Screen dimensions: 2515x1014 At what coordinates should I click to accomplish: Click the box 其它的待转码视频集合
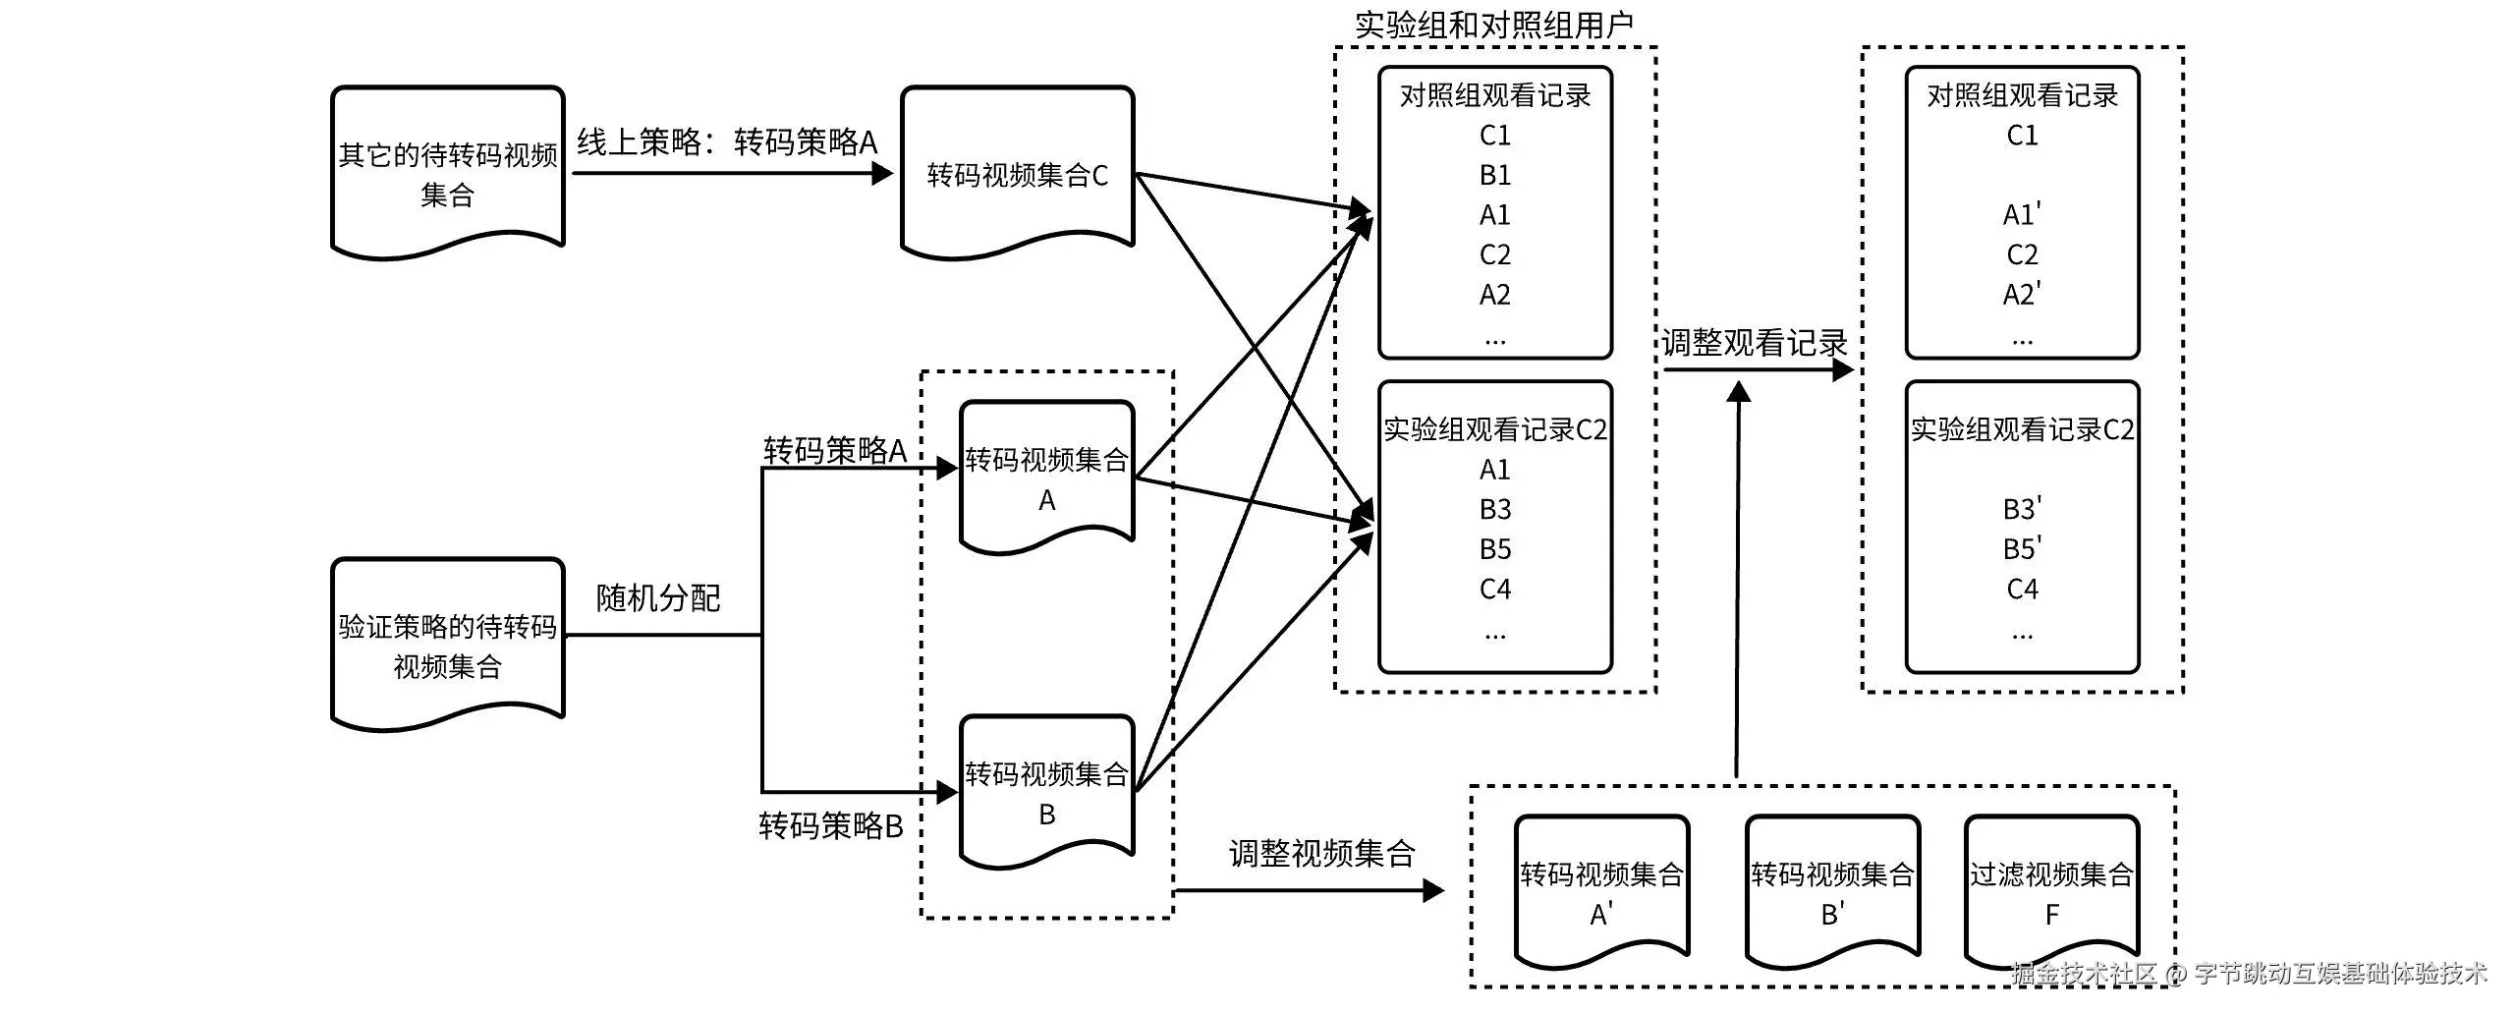click(448, 173)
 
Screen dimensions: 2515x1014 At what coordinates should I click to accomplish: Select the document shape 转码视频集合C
click(1018, 173)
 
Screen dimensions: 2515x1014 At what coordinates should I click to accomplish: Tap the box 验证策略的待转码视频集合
click(448, 645)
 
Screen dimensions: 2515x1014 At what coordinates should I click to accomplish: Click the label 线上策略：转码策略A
click(727, 142)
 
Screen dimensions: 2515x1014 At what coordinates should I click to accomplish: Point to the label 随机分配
click(658, 597)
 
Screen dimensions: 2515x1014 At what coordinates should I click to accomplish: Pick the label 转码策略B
click(831, 825)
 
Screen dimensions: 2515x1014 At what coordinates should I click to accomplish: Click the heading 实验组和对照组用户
click(1494, 25)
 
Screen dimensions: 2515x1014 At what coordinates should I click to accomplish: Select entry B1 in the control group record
click(1495, 175)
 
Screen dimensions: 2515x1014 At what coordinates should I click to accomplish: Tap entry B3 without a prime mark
click(1495, 509)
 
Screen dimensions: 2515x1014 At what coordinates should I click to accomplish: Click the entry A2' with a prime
click(2022, 294)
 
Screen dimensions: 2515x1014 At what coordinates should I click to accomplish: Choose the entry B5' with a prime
click(2022, 548)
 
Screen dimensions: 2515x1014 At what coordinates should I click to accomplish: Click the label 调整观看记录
click(1755, 343)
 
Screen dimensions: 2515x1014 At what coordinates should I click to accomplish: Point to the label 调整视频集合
click(1322, 853)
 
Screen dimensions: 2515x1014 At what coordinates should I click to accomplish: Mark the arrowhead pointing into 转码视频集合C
click(882, 174)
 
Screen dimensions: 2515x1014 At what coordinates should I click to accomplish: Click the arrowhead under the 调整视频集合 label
click(1433, 891)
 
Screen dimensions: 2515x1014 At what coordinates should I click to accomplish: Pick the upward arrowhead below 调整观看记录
click(1739, 392)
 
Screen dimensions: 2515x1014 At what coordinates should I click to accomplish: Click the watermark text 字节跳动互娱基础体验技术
click(2339, 974)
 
